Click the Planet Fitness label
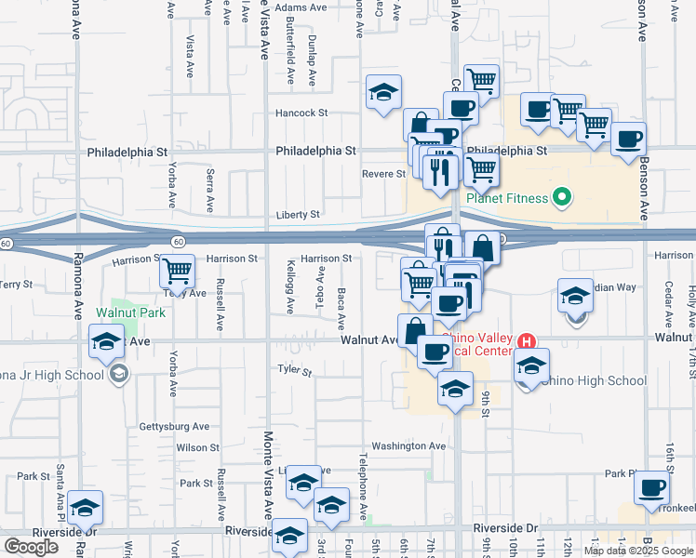pos(508,197)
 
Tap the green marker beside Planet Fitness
pos(561,197)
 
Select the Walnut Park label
pos(130,312)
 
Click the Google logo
pos(31,547)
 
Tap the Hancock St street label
pos(301,113)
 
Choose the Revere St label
pos(383,174)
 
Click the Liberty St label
pos(298,215)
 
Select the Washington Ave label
pos(408,446)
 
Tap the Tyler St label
pos(294,370)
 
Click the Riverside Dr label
pos(505,528)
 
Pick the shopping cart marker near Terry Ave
pos(177,271)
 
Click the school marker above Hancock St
pos(383,92)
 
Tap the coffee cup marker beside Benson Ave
pos(628,139)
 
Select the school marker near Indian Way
pos(575,296)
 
